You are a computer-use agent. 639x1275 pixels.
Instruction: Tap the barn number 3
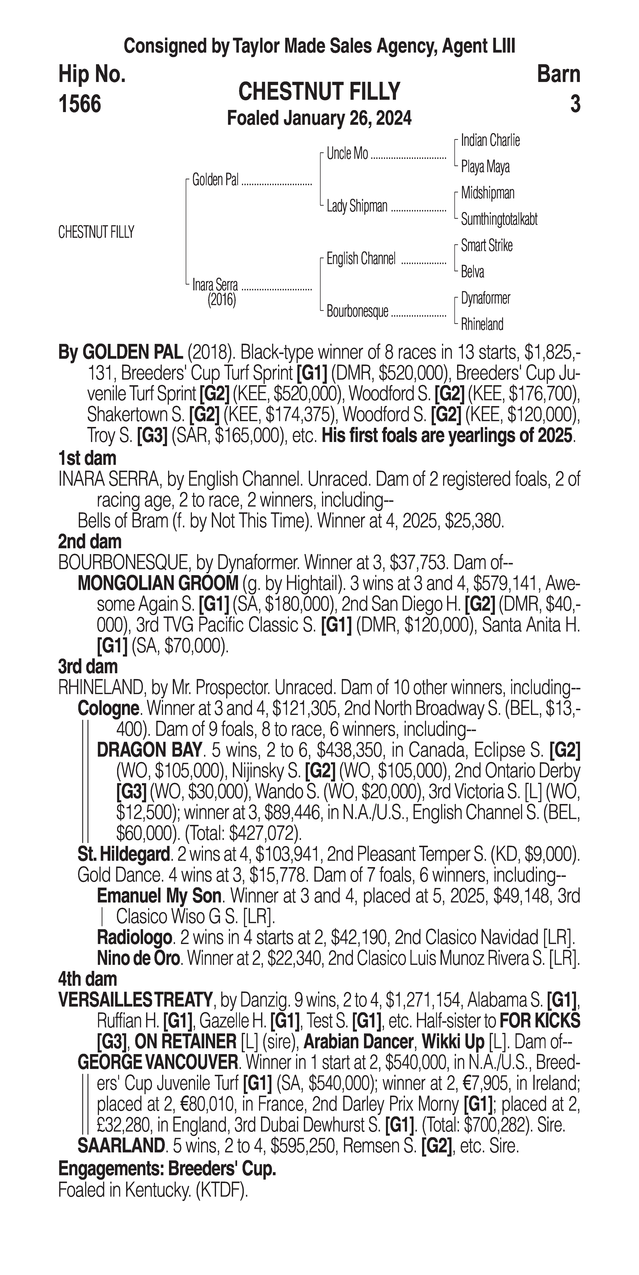pos(575,104)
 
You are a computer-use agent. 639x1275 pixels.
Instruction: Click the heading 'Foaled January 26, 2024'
pos(319,119)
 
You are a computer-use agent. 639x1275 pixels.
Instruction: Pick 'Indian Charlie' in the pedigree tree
pos(490,141)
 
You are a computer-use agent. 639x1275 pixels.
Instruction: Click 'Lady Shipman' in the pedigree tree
pos(357,206)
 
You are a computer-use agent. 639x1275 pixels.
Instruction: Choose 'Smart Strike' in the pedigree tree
pos(487,246)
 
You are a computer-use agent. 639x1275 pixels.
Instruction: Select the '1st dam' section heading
pos(87,458)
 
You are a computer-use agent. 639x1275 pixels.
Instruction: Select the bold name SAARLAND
pos(121,1145)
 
